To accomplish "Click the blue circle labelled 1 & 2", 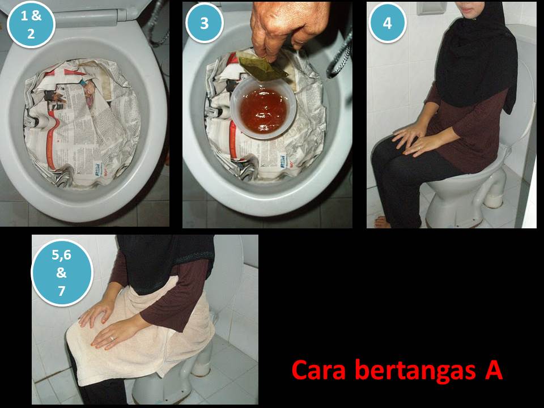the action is [x=31, y=24].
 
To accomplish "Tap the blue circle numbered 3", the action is [x=205, y=23].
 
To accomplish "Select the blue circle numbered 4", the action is [x=387, y=23].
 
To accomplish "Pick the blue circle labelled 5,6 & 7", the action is [x=62, y=273].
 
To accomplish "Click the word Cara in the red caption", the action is [x=319, y=370].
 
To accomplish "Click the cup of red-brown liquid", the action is [x=263, y=108].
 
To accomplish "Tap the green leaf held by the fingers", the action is [x=262, y=66].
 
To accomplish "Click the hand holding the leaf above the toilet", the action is [x=290, y=28].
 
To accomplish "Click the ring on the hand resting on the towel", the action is [x=112, y=338].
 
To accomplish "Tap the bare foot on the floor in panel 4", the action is [x=382, y=222].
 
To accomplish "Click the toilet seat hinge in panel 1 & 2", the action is [x=122, y=14].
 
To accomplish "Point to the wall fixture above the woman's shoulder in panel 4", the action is [x=432, y=8].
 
